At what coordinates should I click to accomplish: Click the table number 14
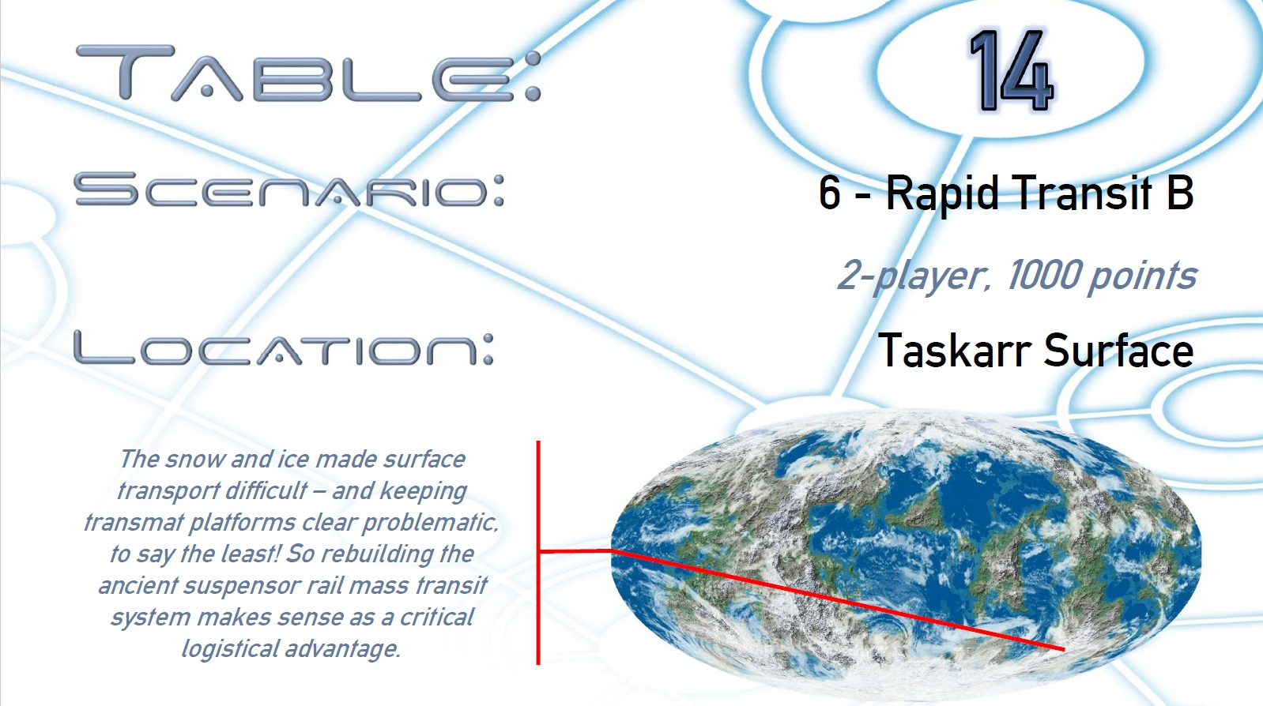click(1010, 71)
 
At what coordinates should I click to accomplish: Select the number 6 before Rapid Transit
click(829, 193)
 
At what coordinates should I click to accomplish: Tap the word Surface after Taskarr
click(1118, 350)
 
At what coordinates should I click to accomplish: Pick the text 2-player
click(914, 276)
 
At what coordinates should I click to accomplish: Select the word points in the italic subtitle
click(1142, 277)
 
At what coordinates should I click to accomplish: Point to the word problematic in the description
click(430, 523)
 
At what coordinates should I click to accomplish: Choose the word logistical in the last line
click(230, 649)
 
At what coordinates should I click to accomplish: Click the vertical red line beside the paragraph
click(538, 553)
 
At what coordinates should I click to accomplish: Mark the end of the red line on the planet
click(1063, 649)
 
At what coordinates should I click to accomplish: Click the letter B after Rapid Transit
click(1179, 193)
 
